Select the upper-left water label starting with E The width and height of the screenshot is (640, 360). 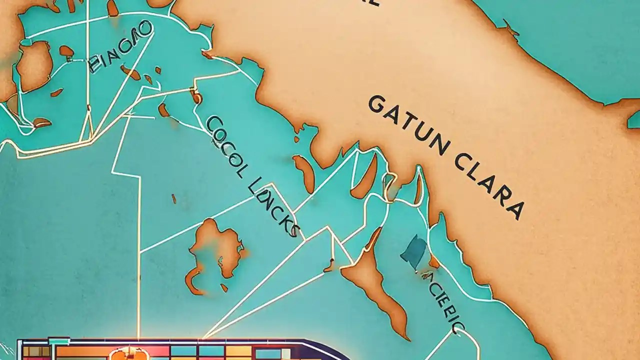(120, 46)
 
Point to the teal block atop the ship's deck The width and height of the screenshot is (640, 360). (58, 341)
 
